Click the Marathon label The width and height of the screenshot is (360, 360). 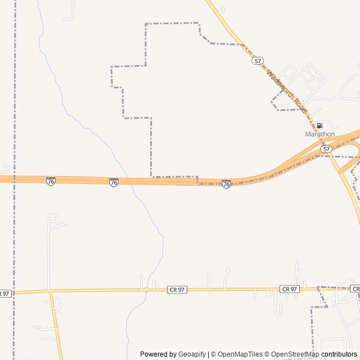pos(319,134)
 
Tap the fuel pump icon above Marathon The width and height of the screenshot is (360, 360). pos(319,125)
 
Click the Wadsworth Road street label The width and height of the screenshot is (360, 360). pos(287,92)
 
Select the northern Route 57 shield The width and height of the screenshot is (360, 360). pos(258,61)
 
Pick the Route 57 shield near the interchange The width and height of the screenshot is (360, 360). pos(326,148)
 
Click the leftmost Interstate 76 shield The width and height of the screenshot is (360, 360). pos(51,181)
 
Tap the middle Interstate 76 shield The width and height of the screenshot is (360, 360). pos(114,182)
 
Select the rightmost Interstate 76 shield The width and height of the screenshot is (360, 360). pos(226,184)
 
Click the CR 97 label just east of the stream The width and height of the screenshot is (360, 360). pos(177,290)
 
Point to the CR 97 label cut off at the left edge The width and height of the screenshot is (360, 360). pos(4,293)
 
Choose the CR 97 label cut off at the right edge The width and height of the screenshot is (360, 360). pos(355,289)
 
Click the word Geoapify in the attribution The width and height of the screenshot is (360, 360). pos(192,354)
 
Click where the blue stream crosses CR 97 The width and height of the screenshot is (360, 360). pos(146,290)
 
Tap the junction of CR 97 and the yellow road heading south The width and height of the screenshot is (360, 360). pos(51,291)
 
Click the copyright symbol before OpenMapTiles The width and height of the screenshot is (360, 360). pos(213,354)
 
